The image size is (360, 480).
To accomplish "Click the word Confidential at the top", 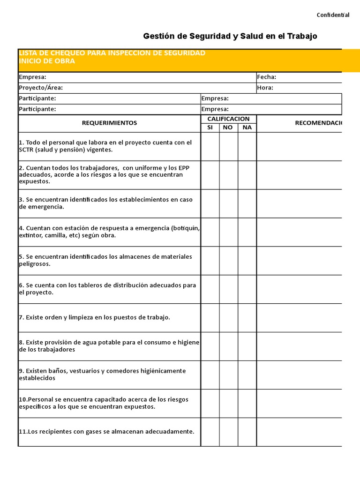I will pyautogui.click(x=333, y=15).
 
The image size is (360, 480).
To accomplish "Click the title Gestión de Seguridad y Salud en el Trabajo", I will pyautogui.click(x=230, y=36).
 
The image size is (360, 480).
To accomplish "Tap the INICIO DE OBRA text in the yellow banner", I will pyautogui.click(x=47, y=61).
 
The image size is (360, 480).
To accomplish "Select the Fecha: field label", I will pyautogui.click(x=267, y=77).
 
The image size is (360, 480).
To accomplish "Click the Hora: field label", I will pyautogui.click(x=265, y=88).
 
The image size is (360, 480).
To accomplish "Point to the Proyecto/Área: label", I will pyautogui.click(x=41, y=88).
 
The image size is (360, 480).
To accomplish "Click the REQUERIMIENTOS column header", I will pyautogui.click(x=109, y=123).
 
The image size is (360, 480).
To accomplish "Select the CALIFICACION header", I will pyautogui.click(x=228, y=119).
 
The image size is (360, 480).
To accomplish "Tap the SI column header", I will pyautogui.click(x=210, y=127).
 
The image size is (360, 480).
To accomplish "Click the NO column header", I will pyautogui.click(x=228, y=127).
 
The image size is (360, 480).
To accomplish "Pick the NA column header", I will pyautogui.click(x=247, y=127).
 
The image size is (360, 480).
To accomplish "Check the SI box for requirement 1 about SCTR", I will pyautogui.click(x=210, y=146).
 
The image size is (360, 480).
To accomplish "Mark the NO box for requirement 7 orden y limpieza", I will pyautogui.click(x=228, y=317).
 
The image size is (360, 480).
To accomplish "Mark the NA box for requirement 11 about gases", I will pyautogui.click(x=247, y=432).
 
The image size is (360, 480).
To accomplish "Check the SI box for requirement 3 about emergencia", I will pyautogui.click(x=210, y=203).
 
